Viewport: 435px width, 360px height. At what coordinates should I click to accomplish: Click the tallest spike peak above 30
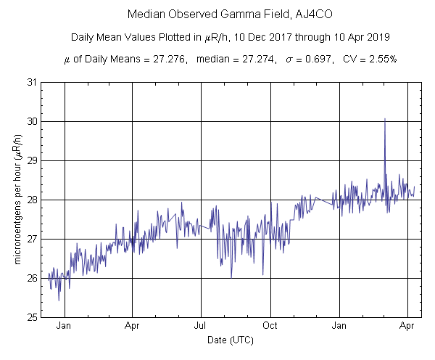(384, 119)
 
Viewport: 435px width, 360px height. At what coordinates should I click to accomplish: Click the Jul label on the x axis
(202, 326)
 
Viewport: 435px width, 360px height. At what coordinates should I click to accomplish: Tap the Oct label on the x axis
(270, 326)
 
